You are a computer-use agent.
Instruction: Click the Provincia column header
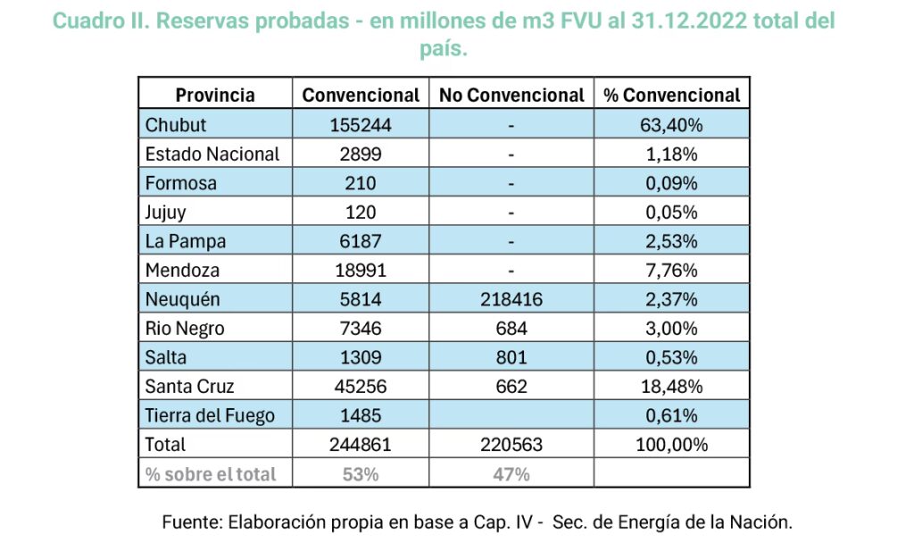[x=215, y=95]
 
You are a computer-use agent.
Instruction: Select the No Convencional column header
[x=511, y=95]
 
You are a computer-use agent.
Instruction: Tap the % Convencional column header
[x=672, y=95]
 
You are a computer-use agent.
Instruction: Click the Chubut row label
[x=176, y=125]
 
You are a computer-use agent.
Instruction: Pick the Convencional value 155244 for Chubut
[x=361, y=125]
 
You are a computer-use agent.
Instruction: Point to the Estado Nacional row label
[x=212, y=154]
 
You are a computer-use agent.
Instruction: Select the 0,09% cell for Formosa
[x=672, y=184]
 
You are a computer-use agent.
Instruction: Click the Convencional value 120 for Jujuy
[x=361, y=213]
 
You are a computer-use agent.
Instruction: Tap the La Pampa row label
[x=186, y=241]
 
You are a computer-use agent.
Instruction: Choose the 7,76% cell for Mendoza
[x=672, y=271]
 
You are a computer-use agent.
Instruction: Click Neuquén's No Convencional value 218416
[x=511, y=299]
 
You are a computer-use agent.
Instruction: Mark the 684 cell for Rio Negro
[x=511, y=329]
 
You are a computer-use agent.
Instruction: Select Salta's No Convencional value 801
[x=511, y=357]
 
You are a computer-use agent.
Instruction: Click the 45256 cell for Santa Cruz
[x=361, y=387]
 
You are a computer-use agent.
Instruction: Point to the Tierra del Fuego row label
[x=210, y=415]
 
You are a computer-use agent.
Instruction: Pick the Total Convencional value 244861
[x=361, y=445]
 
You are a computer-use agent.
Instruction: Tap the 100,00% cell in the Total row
[x=672, y=445]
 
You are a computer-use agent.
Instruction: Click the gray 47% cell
[x=511, y=474]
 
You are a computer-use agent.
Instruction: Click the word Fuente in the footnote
[x=192, y=522]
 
